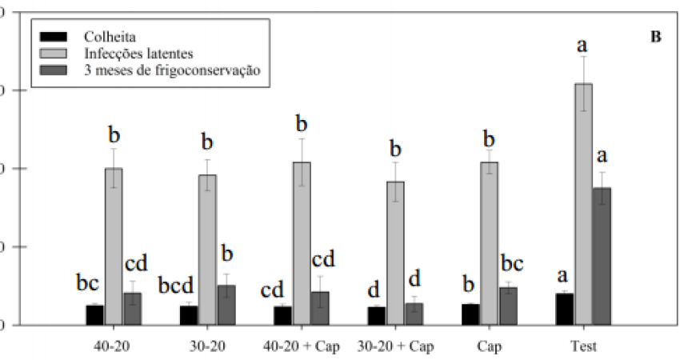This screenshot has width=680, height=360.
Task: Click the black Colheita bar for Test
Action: tap(565, 310)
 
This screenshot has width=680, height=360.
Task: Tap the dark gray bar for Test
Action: tap(602, 256)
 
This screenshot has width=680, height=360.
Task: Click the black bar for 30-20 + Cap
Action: tap(377, 316)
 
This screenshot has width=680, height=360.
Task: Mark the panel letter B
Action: tap(656, 37)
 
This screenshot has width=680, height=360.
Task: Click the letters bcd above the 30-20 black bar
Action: tap(176, 286)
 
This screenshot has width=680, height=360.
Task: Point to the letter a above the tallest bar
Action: tap(582, 45)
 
